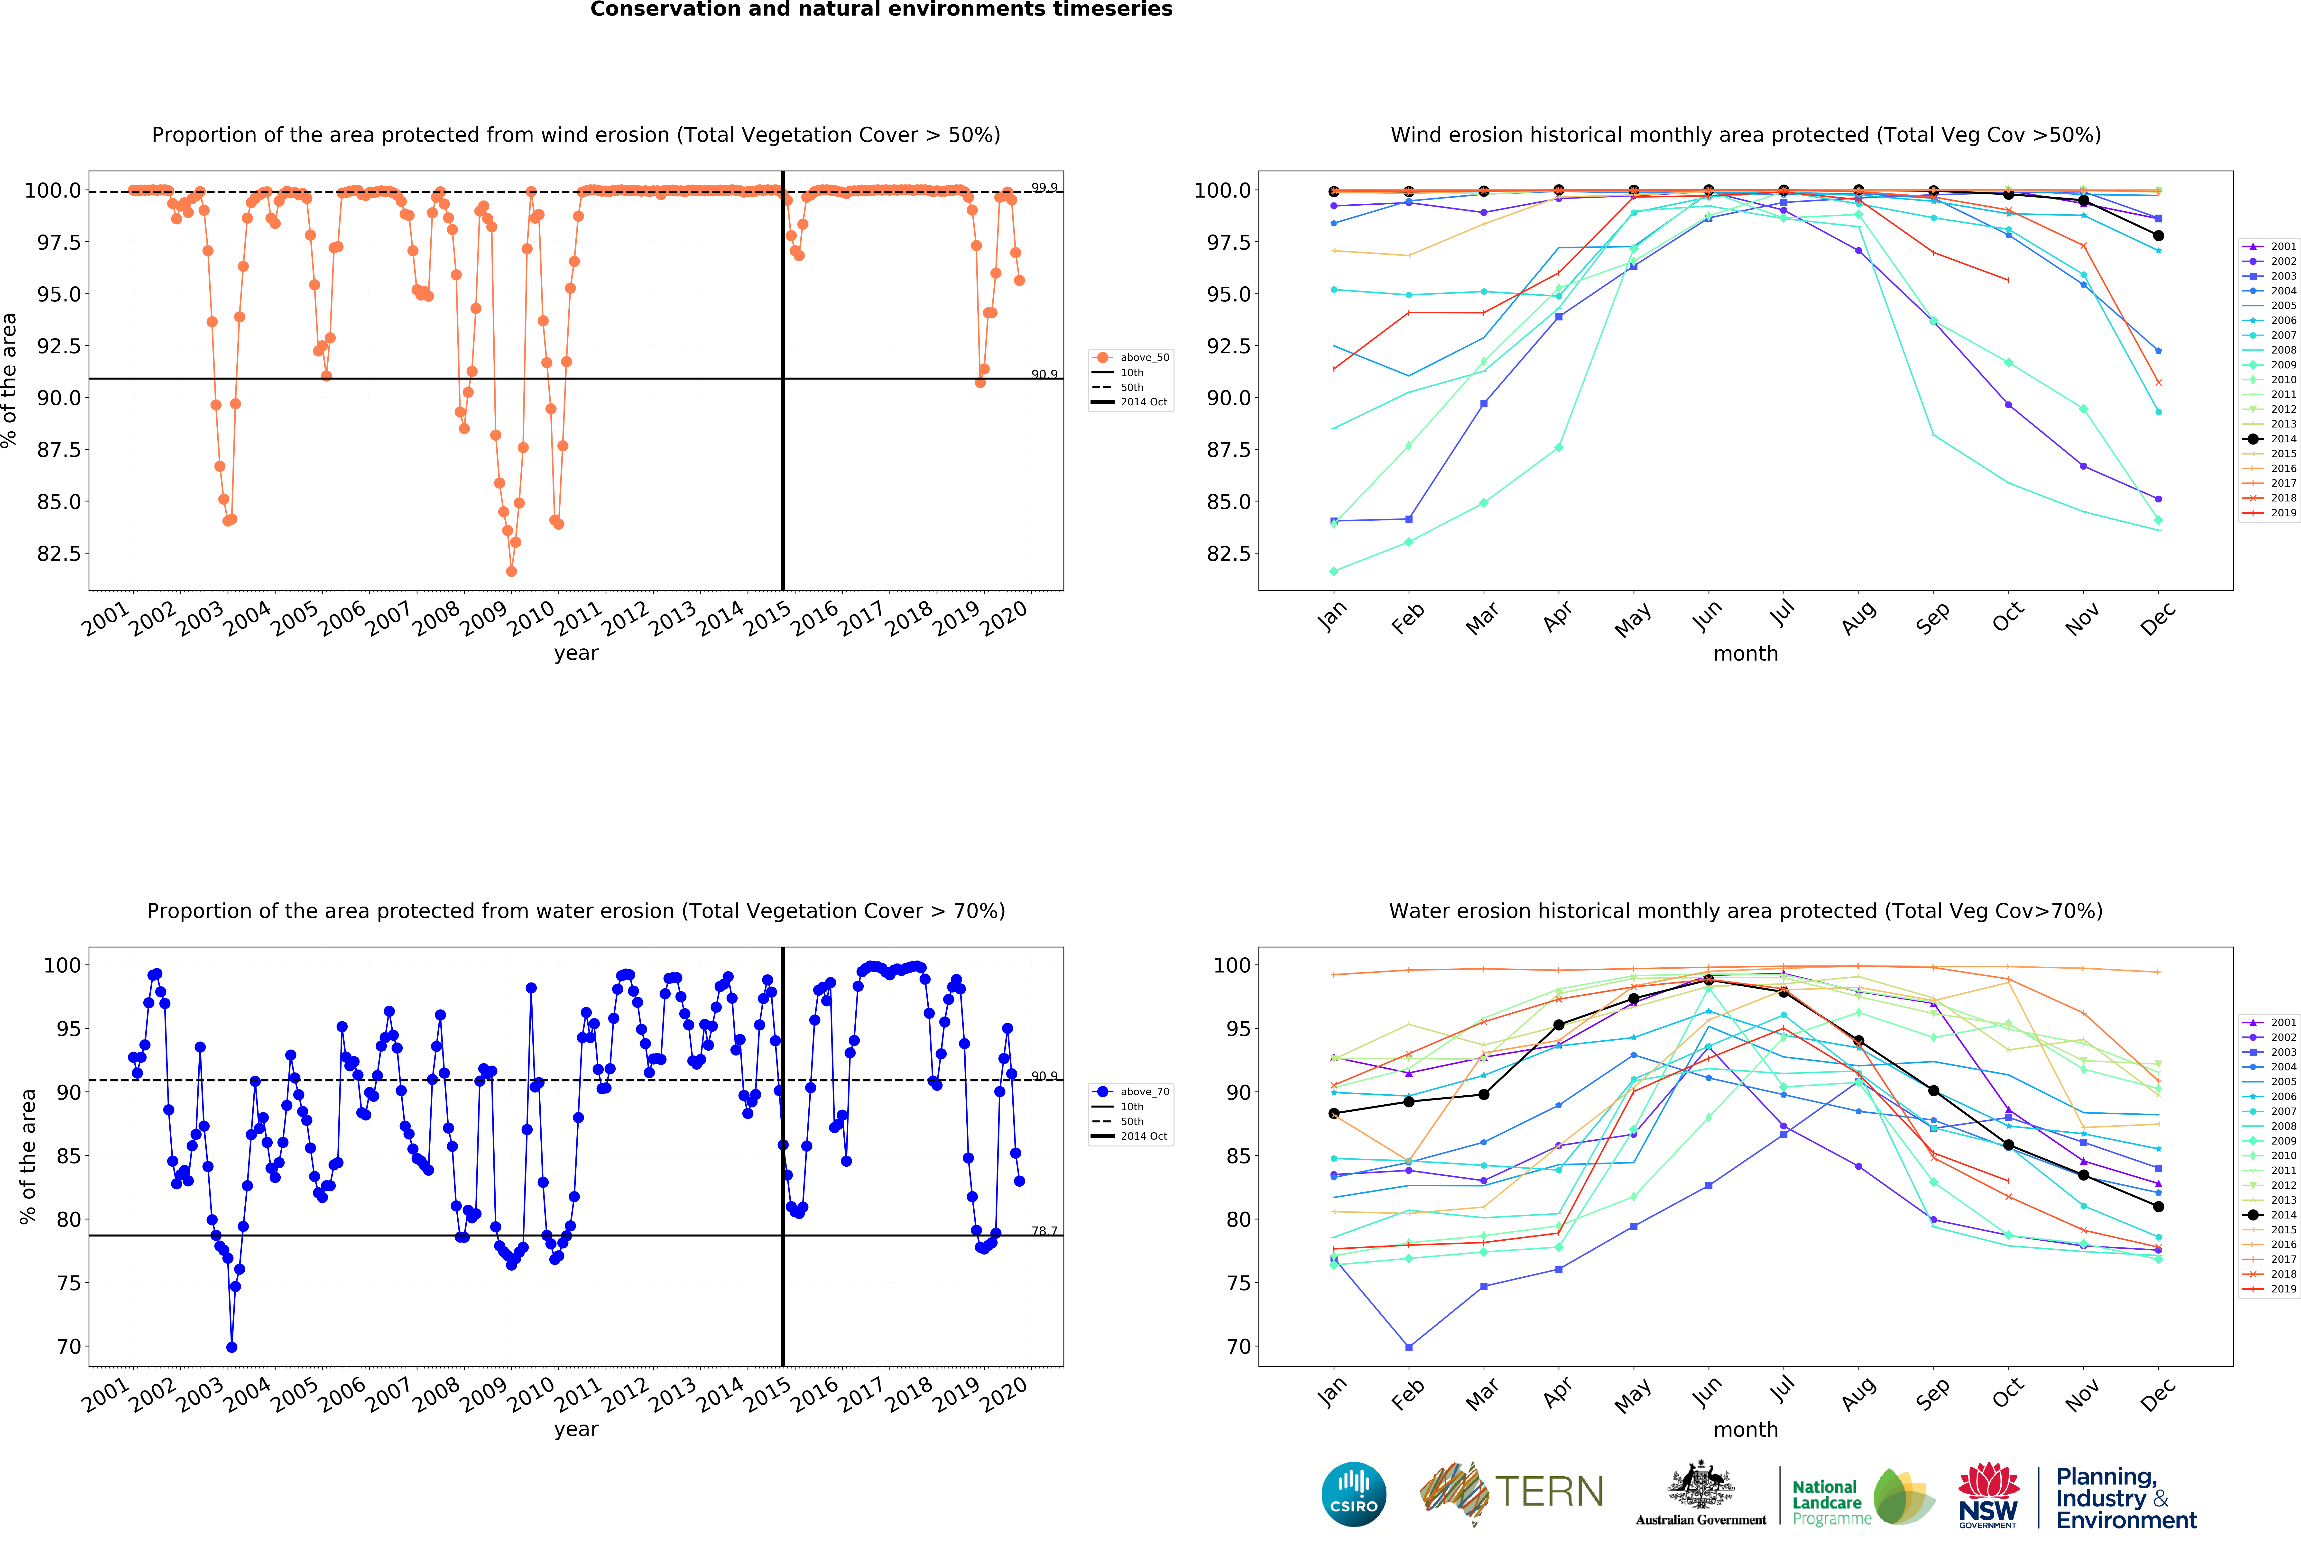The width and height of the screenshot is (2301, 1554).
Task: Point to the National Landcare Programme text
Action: pyautogui.click(x=1832, y=1501)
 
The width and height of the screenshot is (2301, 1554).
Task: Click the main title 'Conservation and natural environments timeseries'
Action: pyautogui.click(x=881, y=10)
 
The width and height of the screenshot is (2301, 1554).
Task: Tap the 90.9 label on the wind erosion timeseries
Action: pyautogui.click(x=1044, y=374)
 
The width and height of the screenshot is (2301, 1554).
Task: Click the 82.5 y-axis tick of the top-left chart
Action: pyautogui.click(x=59, y=553)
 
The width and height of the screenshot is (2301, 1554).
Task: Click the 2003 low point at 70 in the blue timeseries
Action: pyautogui.click(x=232, y=1347)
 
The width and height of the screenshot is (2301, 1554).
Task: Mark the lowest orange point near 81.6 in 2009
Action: pyautogui.click(x=511, y=571)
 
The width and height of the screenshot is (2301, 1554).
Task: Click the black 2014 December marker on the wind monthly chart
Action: pyautogui.click(x=2158, y=236)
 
